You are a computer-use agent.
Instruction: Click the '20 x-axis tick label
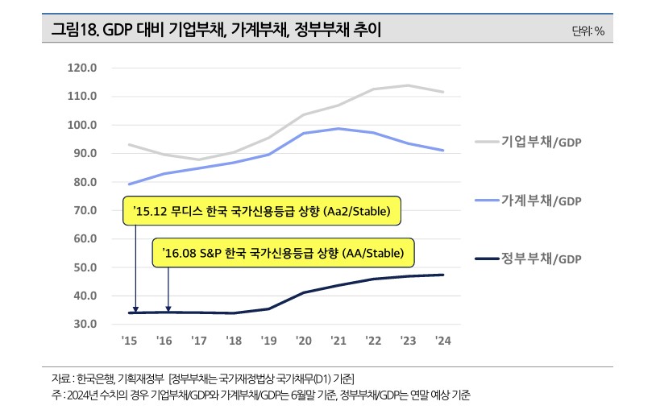click(x=303, y=341)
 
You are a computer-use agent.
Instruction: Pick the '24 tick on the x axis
click(x=442, y=341)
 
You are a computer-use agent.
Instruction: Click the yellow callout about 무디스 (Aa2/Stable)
click(x=262, y=212)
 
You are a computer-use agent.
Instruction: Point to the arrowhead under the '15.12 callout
click(x=135, y=309)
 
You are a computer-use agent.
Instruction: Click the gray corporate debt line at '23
click(x=408, y=85)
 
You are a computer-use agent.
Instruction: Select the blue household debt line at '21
click(x=338, y=129)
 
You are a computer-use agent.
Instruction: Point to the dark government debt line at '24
click(x=442, y=275)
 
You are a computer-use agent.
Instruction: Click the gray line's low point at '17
click(x=198, y=159)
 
